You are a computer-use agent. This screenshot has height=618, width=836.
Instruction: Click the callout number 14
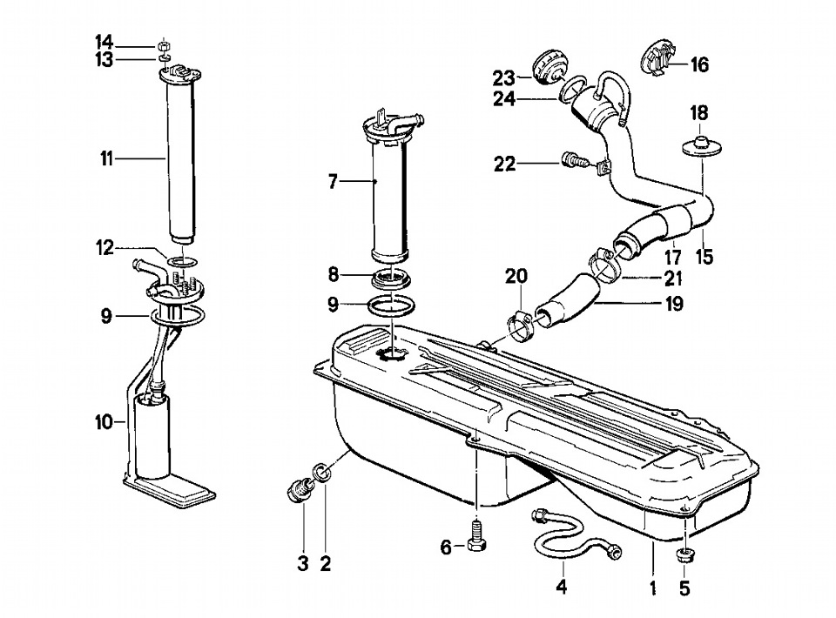(x=104, y=41)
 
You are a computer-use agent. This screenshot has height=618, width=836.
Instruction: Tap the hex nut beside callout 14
(x=165, y=44)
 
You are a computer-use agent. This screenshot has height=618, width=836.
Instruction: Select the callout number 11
(x=106, y=158)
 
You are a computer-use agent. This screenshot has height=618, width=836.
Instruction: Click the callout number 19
(x=674, y=304)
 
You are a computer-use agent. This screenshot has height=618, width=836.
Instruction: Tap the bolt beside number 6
(x=476, y=537)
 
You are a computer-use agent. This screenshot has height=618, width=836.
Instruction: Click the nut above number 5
(x=684, y=555)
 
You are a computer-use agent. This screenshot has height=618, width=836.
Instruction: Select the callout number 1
(x=652, y=588)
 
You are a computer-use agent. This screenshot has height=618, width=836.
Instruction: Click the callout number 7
(x=333, y=182)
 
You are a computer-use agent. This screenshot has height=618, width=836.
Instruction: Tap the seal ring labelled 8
(x=391, y=279)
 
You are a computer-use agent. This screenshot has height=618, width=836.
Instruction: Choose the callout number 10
(x=104, y=423)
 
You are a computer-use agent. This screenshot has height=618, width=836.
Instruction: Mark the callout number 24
(x=504, y=98)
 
